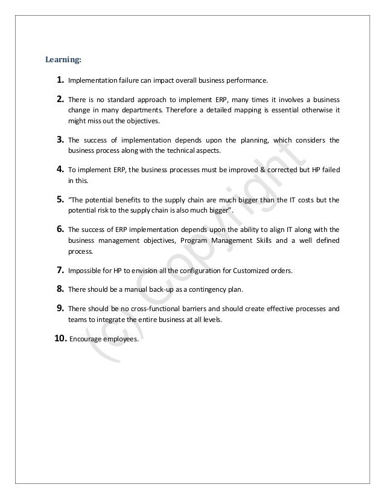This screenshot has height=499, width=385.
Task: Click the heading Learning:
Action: (x=64, y=60)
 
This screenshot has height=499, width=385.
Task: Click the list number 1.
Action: (x=59, y=79)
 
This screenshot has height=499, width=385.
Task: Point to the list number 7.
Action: (x=59, y=269)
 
